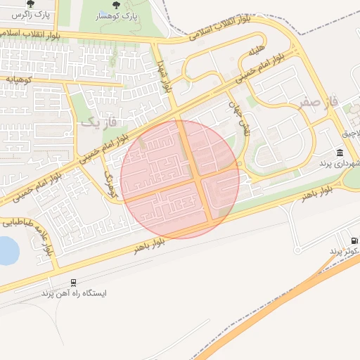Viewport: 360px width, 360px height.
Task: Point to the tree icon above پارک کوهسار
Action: (117, 4)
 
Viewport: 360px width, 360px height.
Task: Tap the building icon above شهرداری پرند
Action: (340, 153)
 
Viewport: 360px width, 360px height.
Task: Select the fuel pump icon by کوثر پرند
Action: (354, 240)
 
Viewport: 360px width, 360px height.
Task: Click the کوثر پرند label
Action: (345, 251)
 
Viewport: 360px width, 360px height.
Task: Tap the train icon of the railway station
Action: (74, 282)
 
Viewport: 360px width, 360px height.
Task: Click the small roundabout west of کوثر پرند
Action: (297, 249)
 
